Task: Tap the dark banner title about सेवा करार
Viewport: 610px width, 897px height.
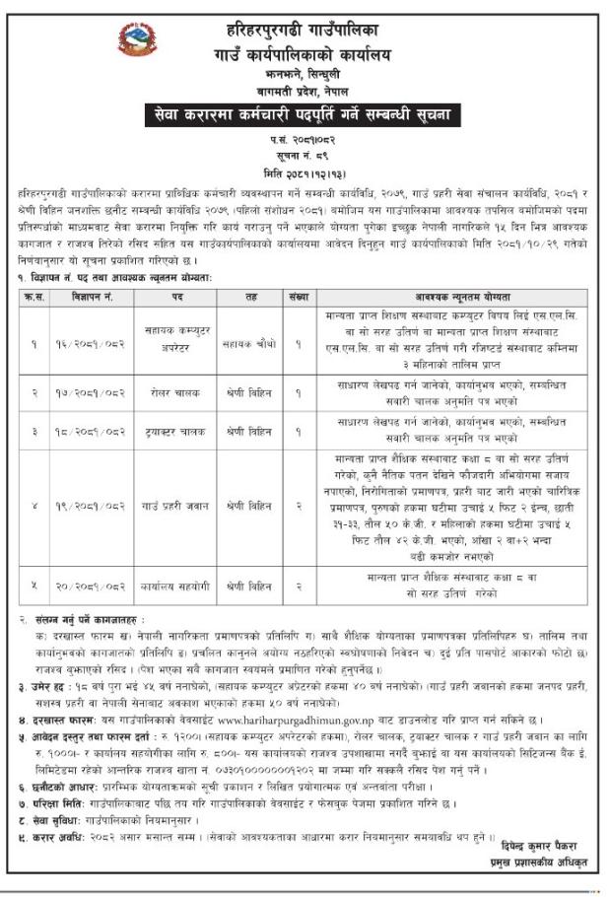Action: tap(305, 115)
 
